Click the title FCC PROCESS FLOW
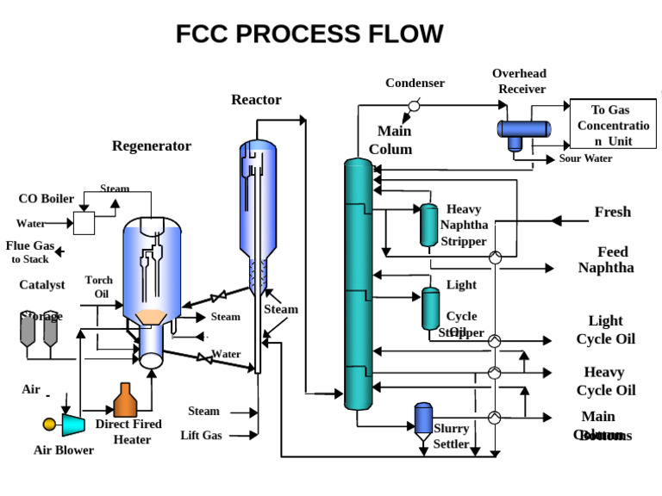[309, 34]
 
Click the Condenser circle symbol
[414, 105]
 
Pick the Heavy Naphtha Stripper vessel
[428, 226]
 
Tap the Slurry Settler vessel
[423, 420]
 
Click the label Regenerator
[152, 146]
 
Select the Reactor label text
[256, 100]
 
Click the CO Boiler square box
[84, 223]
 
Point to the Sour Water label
[585, 158]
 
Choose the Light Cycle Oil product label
[605, 330]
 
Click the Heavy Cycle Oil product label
[609, 381]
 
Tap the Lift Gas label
[201, 436]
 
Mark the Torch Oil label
[99, 287]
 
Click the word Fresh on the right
[612, 212]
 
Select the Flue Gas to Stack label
[30, 251]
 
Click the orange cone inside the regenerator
[153, 318]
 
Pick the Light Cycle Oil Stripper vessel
[430, 308]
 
